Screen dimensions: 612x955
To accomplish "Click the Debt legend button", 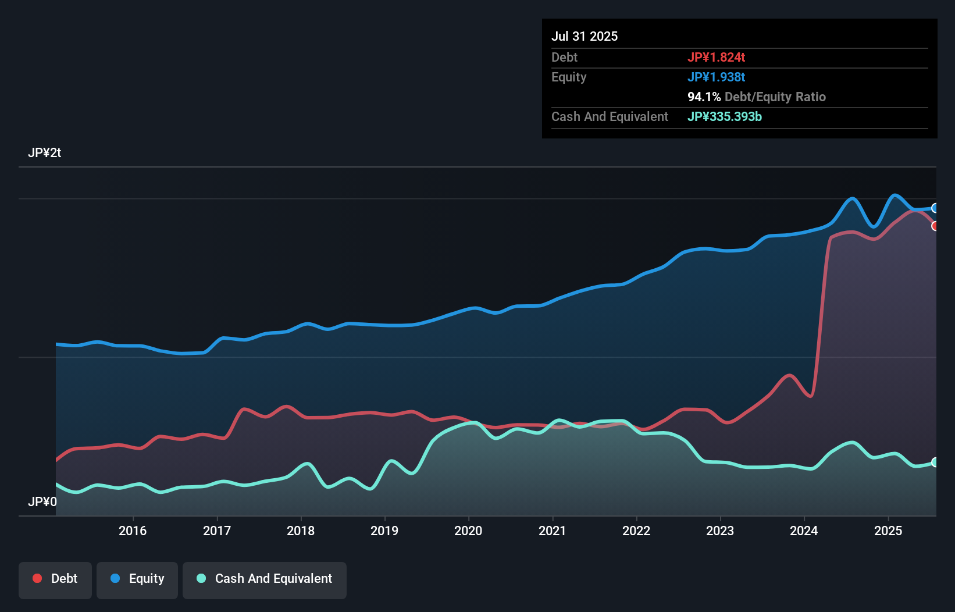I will tap(55, 579).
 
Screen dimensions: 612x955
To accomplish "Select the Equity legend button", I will tap(137, 579).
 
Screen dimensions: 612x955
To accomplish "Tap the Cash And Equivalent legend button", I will tap(265, 579).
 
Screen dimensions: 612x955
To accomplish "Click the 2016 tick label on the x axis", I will tap(133, 531).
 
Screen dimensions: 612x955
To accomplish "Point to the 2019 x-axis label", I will tap(384, 531).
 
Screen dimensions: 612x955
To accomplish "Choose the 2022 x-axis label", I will tap(636, 531).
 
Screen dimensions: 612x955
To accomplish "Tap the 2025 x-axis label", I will tap(888, 531).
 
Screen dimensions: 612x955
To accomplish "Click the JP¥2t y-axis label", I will tap(45, 153).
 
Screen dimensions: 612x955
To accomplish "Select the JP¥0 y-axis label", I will tap(42, 502).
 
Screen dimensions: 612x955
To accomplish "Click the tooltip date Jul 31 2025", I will tap(585, 36).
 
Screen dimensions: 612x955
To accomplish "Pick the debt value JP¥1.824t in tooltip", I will tap(716, 57).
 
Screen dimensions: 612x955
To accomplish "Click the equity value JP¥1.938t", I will tap(716, 77).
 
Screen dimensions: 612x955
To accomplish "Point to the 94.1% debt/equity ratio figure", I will tap(704, 97).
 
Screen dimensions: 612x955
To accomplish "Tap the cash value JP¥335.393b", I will tap(724, 116).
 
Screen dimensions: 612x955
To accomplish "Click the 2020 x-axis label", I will tap(468, 531).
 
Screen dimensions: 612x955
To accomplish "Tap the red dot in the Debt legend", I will tap(37, 578).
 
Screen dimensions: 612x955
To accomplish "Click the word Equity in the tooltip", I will tap(569, 77).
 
